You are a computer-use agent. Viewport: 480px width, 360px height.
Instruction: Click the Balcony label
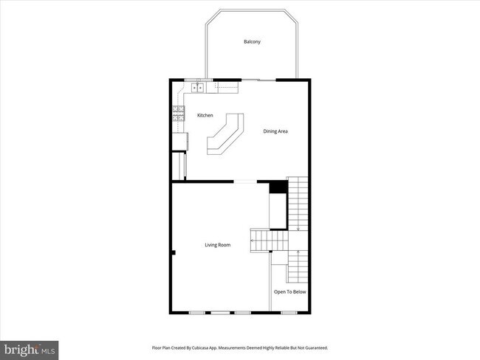point(252,41)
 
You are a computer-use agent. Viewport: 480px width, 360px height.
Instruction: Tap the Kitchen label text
point(205,115)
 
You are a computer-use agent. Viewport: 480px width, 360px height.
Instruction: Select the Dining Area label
point(275,131)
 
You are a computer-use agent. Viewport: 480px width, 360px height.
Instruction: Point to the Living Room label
point(217,245)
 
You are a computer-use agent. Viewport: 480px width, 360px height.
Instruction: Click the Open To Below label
point(289,292)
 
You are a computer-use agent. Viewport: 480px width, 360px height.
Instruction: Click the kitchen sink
point(198,89)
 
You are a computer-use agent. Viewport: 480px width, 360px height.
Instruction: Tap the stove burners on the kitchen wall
point(178,113)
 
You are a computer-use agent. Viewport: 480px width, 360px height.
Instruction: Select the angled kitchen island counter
point(225,134)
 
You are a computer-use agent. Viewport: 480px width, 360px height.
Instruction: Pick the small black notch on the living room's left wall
point(174,253)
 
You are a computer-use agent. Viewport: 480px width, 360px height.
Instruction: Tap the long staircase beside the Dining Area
point(298,207)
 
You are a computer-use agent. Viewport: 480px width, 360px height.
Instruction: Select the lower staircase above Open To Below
point(297,266)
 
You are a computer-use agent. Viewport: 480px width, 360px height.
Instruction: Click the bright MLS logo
point(30,348)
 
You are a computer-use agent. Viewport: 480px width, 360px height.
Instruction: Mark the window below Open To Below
point(289,313)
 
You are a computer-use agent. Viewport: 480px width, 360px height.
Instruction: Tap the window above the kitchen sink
point(196,79)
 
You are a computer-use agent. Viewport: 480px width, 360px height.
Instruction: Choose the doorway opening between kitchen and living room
point(244,181)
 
